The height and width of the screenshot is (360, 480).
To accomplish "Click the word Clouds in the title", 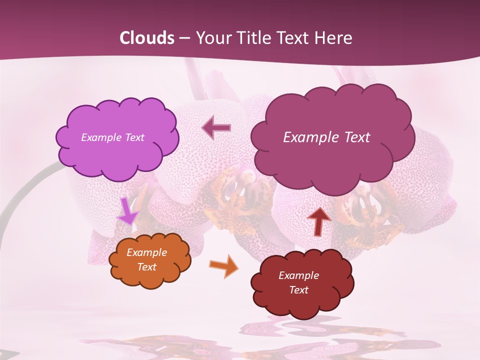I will pyautogui.click(x=146, y=38).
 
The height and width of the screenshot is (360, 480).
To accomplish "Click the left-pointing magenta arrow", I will pyautogui.click(x=216, y=128).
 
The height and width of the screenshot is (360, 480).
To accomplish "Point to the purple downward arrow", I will pyautogui.click(x=127, y=211).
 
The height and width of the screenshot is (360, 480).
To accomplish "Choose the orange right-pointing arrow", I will pyautogui.click(x=224, y=266).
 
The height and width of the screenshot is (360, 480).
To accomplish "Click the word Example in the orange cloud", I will pyautogui.click(x=146, y=252).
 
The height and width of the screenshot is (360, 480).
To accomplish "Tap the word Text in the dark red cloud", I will pyautogui.click(x=298, y=290).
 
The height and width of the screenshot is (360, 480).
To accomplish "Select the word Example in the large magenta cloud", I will pyautogui.click(x=309, y=137).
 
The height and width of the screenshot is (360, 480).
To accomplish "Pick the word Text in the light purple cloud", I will pyautogui.click(x=134, y=137).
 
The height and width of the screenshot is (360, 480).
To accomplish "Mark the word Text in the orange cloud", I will pyautogui.click(x=146, y=267).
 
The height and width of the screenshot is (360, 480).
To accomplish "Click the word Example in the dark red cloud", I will pyautogui.click(x=298, y=275).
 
